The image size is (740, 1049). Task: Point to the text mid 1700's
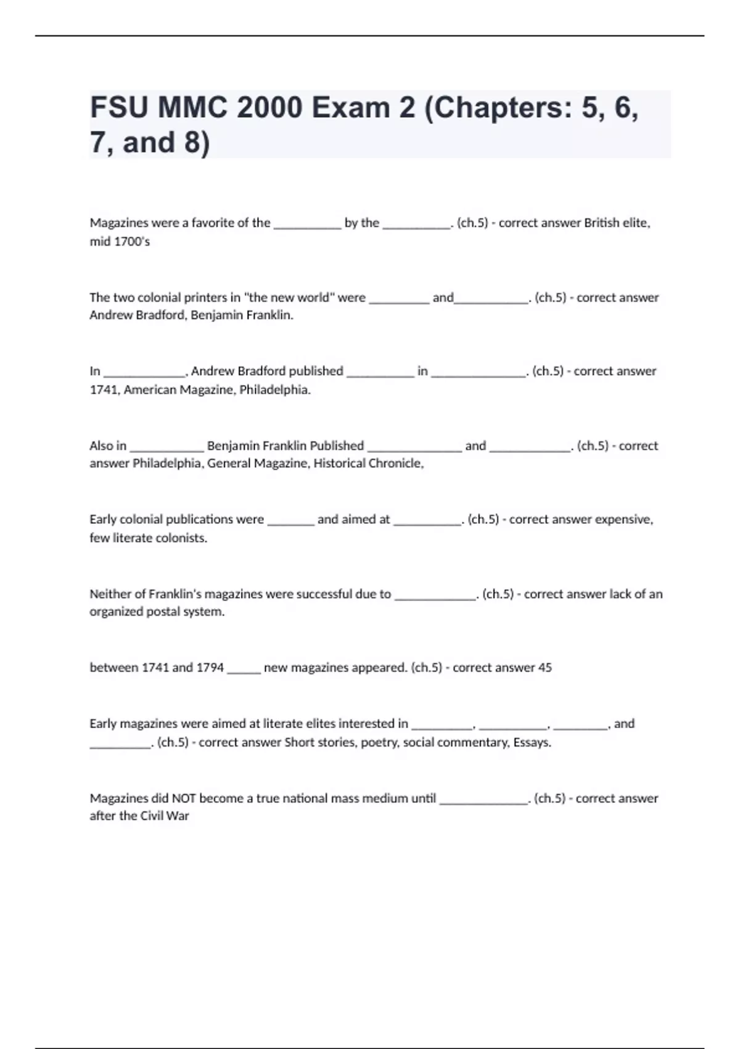tap(120, 241)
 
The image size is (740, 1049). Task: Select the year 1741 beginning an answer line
tap(104, 390)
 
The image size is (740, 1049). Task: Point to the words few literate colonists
tap(148, 538)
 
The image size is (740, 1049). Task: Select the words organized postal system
tap(157, 612)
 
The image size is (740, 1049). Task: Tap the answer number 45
tap(545, 668)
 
